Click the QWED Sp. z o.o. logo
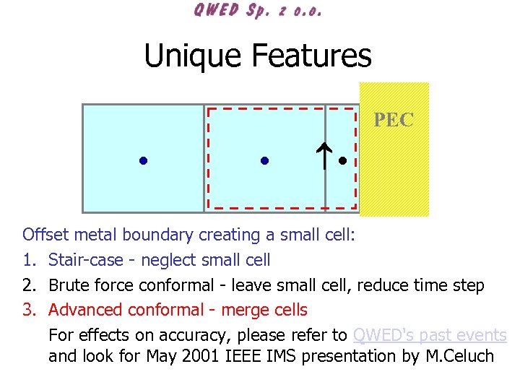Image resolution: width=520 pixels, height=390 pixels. (258, 12)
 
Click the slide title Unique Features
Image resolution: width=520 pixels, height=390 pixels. (258, 56)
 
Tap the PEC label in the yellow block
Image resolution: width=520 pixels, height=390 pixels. (394, 120)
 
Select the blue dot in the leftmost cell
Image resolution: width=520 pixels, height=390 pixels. (144, 160)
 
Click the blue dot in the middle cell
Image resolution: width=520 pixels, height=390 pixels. (264, 160)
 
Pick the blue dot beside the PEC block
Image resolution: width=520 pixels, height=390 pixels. (343, 160)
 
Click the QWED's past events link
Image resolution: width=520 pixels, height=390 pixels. (430, 335)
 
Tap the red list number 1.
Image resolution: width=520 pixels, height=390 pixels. (28, 260)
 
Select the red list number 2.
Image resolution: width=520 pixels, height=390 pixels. (28, 285)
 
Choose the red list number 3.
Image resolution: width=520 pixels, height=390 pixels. (28, 311)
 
